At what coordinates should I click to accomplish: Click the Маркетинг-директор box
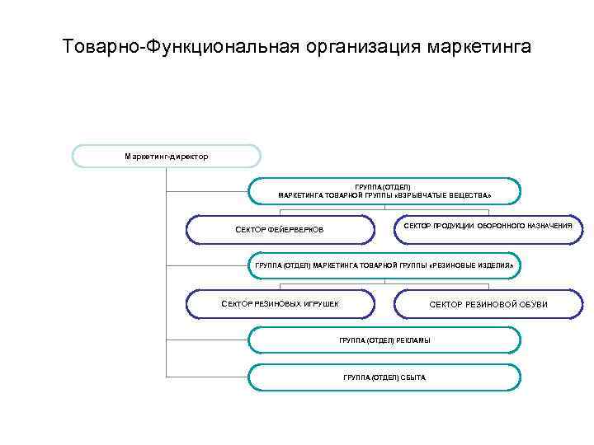(x=167, y=156)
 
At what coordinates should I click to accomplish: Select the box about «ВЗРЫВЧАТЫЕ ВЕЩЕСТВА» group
(x=384, y=191)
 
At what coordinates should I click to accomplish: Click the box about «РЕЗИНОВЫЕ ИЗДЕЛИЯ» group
(x=384, y=267)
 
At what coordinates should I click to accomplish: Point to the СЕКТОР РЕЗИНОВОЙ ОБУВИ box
(x=488, y=304)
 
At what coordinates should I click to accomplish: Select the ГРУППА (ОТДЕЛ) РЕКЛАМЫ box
(x=384, y=340)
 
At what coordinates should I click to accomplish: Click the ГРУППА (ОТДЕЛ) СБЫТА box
(x=384, y=377)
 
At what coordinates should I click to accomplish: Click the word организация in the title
(x=356, y=46)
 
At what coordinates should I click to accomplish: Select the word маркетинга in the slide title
(x=479, y=46)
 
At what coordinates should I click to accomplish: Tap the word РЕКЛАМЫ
(x=412, y=340)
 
